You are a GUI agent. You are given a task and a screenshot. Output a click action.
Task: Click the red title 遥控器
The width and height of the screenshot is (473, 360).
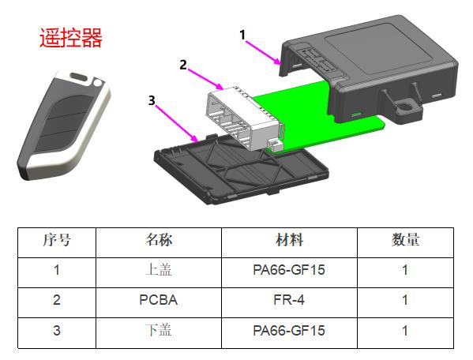click(71, 38)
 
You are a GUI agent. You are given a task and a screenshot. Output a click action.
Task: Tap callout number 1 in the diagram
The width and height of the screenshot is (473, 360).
click(242, 35)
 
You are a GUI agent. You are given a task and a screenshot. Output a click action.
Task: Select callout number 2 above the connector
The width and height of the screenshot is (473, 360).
click(183, 65)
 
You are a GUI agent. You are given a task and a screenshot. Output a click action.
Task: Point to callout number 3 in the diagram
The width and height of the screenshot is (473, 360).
click(152, 100)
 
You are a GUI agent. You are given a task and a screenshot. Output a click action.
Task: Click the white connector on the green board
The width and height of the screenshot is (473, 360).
click(245, 118)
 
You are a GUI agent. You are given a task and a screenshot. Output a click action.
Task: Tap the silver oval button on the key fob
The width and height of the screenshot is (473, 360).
click(79, 77)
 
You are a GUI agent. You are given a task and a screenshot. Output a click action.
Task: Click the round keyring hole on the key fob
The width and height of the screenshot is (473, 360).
click(97, 82)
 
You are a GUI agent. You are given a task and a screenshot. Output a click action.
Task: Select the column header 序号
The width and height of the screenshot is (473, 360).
click(57, 240)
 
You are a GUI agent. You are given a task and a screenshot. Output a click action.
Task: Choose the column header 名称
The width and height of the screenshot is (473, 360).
click(159, 240)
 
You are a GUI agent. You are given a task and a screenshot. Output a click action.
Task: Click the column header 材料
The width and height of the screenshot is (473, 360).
click(289, 240)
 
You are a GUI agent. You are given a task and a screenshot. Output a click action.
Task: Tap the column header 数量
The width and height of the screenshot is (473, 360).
click(405, 240)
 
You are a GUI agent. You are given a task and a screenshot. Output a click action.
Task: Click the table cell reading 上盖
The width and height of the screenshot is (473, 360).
click(159, 269)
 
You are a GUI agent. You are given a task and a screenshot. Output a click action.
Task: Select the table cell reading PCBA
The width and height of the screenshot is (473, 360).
click(159, 300)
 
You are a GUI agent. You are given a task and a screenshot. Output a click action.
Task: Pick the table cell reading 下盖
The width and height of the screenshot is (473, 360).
click(159, 330)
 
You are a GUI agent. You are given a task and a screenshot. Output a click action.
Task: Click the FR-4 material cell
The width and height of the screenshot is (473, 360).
click(289, 300)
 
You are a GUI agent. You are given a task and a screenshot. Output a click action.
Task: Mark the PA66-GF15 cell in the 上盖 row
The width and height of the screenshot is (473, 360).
click(289, 270)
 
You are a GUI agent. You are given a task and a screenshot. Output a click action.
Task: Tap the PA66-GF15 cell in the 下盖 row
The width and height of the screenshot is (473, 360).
click(289, 331)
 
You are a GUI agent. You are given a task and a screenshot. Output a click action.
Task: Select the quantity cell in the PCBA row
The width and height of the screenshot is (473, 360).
click(405, 300)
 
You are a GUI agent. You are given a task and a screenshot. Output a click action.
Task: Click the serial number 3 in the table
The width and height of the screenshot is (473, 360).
click(57, 331)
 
